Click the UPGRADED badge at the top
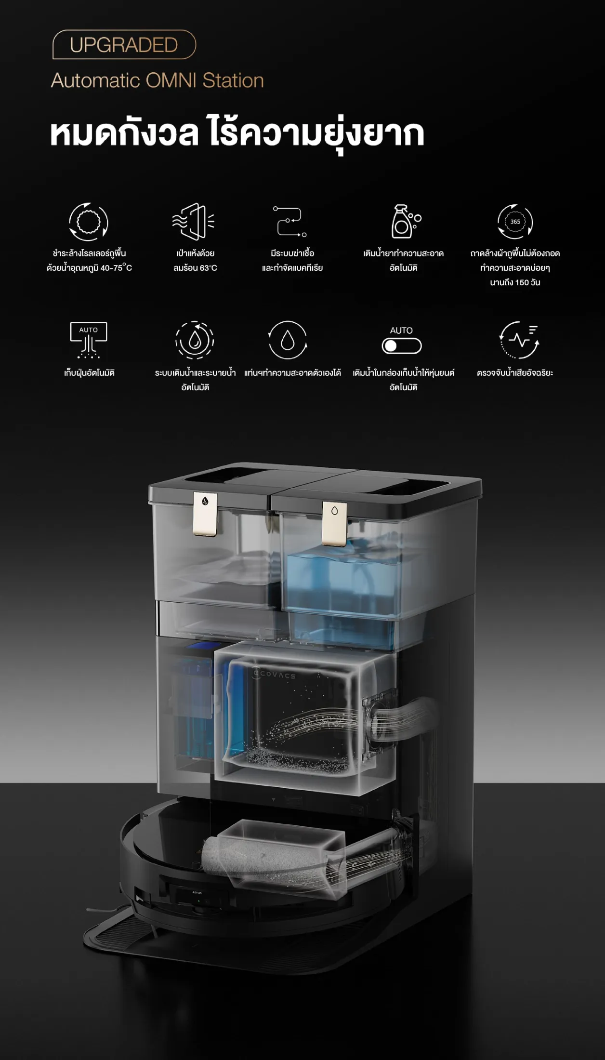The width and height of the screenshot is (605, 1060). tap(124, 45)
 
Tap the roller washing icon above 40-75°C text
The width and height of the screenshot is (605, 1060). tap(89, 222)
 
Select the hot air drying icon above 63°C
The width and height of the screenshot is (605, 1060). tap(194, 221)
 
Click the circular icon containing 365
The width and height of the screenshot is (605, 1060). tap(515, 222)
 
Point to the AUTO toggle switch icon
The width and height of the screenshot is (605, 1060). tap(401, 346)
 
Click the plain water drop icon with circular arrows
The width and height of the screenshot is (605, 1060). tap(288, 340)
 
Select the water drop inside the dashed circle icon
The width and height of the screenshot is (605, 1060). tap(195, 340)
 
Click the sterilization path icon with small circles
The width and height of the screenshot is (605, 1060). tap(289, 221)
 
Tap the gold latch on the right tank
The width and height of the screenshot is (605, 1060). tap(334, 524)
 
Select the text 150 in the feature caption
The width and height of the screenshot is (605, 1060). tap(522, 282)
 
